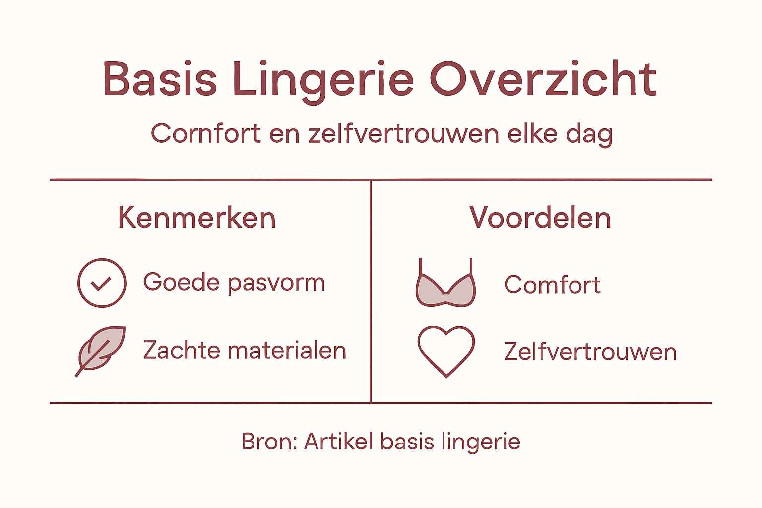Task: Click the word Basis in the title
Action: point(160,79)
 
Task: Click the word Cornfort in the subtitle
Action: point(206,134)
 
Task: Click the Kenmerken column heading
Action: point(197,218)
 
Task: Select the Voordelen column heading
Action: point(540,218)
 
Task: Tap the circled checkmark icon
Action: point(102,283)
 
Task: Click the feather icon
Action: point(101,350)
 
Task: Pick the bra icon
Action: point(445,285)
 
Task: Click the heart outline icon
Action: point(446,350)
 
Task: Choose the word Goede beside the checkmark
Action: point(181,283)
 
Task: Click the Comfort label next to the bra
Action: point(552,285)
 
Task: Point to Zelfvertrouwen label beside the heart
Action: point(590,352)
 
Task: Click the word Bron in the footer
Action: point(268,442)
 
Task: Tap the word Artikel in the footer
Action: point(338,442)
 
